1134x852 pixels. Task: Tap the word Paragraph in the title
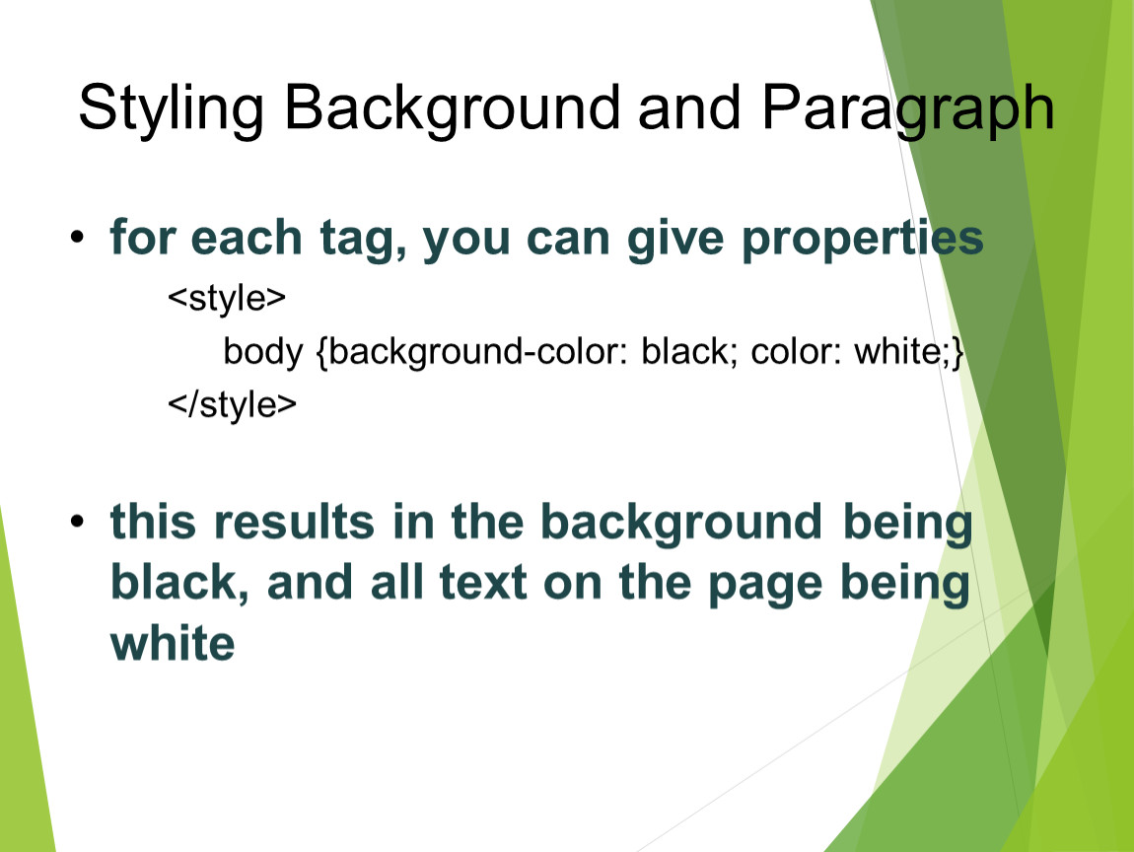[x=907, y=107]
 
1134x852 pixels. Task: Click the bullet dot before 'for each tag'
[x=77, y=237]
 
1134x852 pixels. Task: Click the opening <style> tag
[x=227, y=297]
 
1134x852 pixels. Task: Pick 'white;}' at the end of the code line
[x=909, y=352]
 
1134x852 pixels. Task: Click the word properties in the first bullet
[x=863, y=239]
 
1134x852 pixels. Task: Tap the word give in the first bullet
[x=675, y=239]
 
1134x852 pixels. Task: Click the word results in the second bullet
[x=295, y=522]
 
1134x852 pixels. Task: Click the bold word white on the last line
[x=173, y=643]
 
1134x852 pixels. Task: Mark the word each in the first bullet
[x=246, y=238]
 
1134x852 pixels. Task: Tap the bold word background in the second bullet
[x=681, y=524]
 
